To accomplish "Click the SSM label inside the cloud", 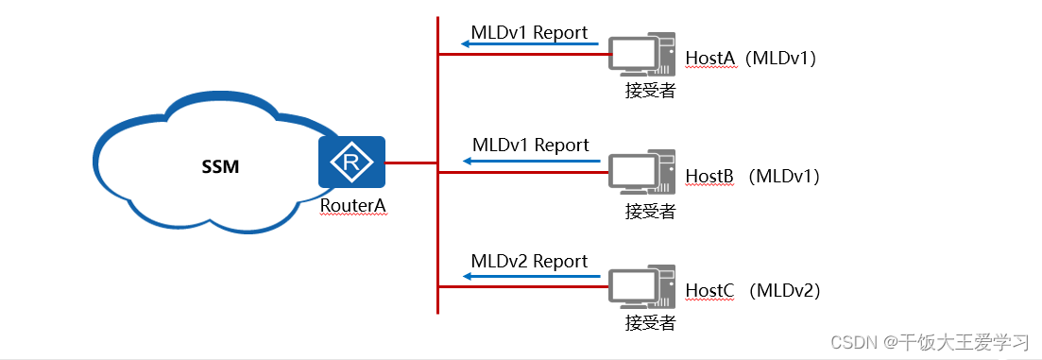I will click(x=220, y=167).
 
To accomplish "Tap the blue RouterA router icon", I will click(x=351, y=163).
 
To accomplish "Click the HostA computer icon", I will click(x=641, y=56).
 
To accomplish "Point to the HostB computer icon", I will click(x=641, y=173).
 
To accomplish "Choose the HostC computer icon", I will click(x=641, y=288).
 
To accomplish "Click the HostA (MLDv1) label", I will click(x=750, y=59).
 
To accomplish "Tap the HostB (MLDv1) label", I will click(x=751, y=176).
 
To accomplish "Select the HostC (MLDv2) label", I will click(x=752, y=291).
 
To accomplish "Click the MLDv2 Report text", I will click(x=529, y=261).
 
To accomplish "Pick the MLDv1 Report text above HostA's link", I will click(x=529, y=32).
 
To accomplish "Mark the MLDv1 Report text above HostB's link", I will click(x=530, y=145).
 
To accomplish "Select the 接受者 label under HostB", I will click(x=650, y=211).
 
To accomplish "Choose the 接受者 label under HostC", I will click(x=650, y=323).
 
